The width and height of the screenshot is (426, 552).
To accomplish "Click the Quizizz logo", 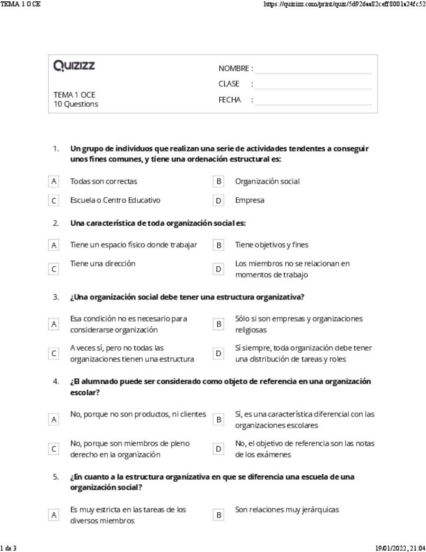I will tap(73, 66).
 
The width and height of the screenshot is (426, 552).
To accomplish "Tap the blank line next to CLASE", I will tap(313, 84).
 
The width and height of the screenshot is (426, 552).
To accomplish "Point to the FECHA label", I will tap(230, 100).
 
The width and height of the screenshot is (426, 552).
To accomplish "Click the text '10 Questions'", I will tap(75, 104).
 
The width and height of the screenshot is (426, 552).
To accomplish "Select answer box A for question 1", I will tap(54, 182).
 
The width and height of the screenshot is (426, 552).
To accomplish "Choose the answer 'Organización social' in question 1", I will tap(267, 182).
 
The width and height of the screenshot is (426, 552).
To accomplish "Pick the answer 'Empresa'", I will tap(250, 200).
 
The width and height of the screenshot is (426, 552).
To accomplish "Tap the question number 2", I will tap(56, 223).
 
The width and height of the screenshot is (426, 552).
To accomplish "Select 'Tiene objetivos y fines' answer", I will tap(271, 245).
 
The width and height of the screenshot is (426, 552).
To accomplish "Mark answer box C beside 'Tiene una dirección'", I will tap(54, 269).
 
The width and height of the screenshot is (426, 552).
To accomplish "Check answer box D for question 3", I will tap(219, 353).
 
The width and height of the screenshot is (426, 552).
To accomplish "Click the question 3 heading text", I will tap(187, 297).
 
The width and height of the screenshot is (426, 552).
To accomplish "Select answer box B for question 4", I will tap(219, 420).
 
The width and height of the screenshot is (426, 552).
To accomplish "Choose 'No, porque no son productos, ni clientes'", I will tap(137, 414).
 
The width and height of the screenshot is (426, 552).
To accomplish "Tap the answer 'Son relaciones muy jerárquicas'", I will tap(287, 510).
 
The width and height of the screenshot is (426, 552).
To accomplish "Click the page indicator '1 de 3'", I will tap(8, 547).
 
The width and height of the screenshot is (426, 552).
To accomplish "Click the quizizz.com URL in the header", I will tap(345, 5).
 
